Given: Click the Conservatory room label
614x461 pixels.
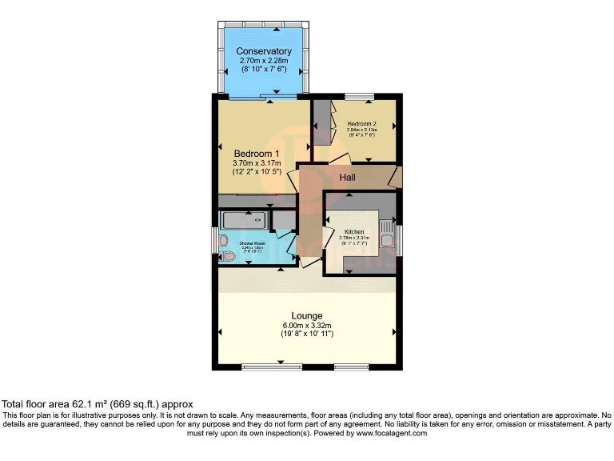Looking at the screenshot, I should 264,51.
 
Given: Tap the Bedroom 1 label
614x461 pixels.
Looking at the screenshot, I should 257,154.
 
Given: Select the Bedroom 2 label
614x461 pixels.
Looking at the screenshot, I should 362,124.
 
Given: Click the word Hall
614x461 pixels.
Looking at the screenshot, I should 347,177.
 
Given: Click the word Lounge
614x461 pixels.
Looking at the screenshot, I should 307,315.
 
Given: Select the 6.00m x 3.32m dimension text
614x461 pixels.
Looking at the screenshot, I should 307,325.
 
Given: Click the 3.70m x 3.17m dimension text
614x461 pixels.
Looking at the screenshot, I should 257,164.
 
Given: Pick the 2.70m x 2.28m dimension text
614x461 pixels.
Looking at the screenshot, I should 264,61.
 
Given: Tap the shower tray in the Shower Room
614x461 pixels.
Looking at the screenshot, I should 245,218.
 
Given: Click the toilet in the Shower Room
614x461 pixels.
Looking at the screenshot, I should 228,256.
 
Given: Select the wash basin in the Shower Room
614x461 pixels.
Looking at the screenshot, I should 224,240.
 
